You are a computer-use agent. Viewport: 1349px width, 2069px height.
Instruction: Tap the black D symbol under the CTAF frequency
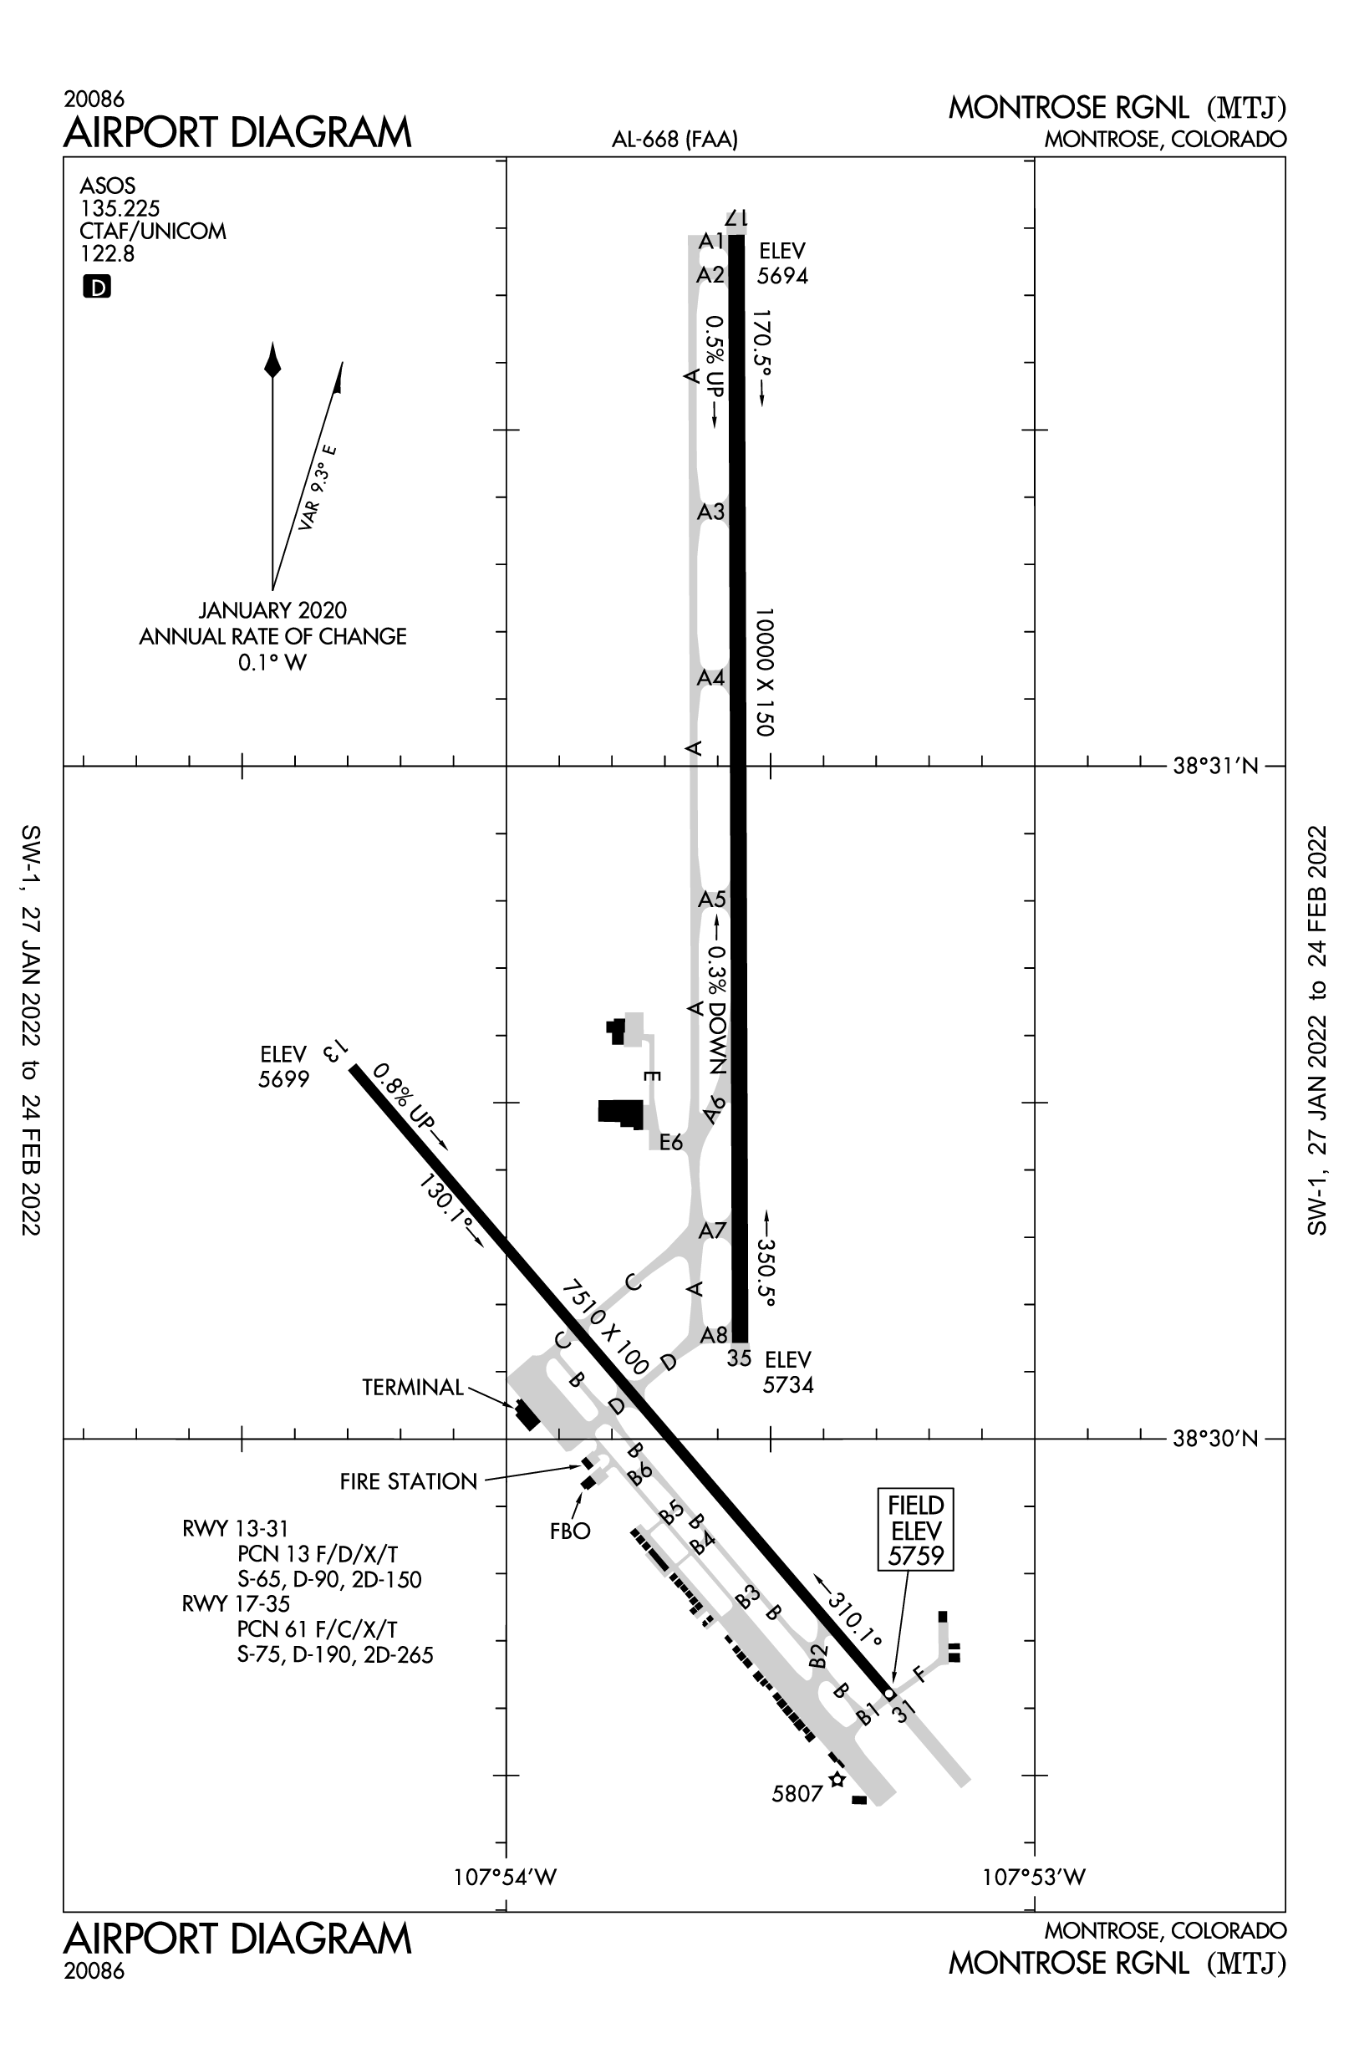click(x=96, y=287)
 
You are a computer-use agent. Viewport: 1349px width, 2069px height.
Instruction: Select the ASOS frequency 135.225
click(x=120, y=209)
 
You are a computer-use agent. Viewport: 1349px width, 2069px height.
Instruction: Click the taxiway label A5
click(x=712, y=899)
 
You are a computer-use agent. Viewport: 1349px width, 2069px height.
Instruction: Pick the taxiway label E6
click(x=671, y=1142)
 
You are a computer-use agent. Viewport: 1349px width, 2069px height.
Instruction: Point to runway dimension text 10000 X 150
click(x=763, y=672)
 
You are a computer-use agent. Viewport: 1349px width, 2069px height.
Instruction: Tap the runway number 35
click(x=739, y=1358)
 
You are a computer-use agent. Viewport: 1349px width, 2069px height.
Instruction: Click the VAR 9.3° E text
click(x=318, y=487)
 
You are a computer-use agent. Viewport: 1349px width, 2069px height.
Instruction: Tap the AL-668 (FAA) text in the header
click(x=674, y=139)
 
